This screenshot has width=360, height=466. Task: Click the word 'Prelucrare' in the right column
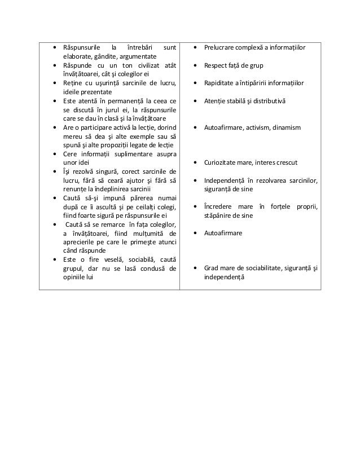point(219,47)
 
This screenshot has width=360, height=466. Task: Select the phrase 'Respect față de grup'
point(234,65)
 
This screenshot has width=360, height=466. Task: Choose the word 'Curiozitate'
point(221,162)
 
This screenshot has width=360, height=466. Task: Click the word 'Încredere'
point(219,206)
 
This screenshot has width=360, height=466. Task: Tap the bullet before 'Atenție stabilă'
point(195,100)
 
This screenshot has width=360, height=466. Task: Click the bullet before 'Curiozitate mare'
point(195,162)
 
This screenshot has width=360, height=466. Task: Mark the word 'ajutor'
point(141,180)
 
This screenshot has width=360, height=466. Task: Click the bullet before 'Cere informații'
point(54,153)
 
